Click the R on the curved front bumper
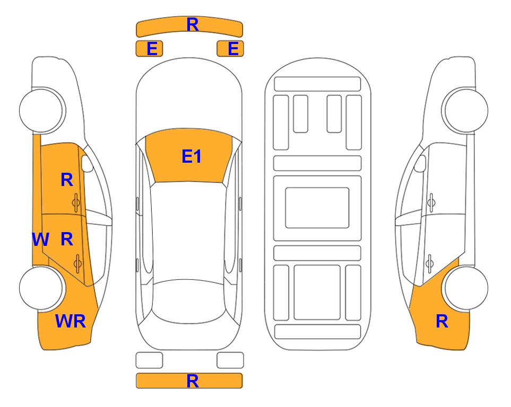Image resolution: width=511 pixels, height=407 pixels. point(193,25)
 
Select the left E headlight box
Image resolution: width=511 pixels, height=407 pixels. point(149,49)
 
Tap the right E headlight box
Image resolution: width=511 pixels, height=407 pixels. point(230,49)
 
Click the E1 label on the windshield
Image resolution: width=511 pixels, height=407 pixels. point(192,156)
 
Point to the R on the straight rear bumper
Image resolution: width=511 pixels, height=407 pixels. point(193,381)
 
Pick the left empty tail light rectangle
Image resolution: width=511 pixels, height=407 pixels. point(149,360)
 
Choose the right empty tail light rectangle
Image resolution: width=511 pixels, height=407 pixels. point(230,360)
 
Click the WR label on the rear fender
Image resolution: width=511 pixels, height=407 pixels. point(71,321)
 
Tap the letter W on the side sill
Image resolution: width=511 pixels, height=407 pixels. point(40,240)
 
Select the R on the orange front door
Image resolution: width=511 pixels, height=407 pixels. point(67,180)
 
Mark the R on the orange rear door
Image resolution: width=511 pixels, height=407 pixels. point(67,240)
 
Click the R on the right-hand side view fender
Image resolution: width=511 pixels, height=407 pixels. point(442,321)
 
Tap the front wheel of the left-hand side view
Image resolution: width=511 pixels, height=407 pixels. point(42,110)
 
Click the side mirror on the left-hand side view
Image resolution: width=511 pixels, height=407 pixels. point(87,163)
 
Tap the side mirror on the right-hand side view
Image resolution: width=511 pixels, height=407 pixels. point(420,163)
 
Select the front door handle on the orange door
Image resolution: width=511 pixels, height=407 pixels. point(76,203)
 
